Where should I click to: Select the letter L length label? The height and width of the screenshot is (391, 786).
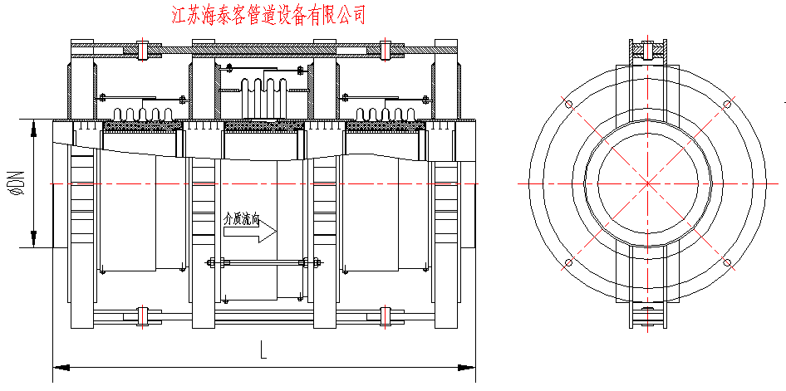point(263,351)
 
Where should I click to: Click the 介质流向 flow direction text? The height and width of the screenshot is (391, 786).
point(243,221)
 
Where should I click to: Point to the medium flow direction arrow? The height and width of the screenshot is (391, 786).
point(253,235)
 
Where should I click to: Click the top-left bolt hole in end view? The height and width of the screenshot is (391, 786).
point(569,105)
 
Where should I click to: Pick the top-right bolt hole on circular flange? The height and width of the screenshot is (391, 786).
point(727,104)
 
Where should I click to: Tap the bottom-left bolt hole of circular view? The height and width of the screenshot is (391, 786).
point(569,263)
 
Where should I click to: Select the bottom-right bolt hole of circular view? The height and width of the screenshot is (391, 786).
point(727,263)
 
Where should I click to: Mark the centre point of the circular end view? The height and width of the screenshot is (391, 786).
point(648,183)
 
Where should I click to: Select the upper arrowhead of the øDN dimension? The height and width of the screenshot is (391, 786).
point(33,127)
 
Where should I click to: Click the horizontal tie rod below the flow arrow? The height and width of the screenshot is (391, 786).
point(263,265)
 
